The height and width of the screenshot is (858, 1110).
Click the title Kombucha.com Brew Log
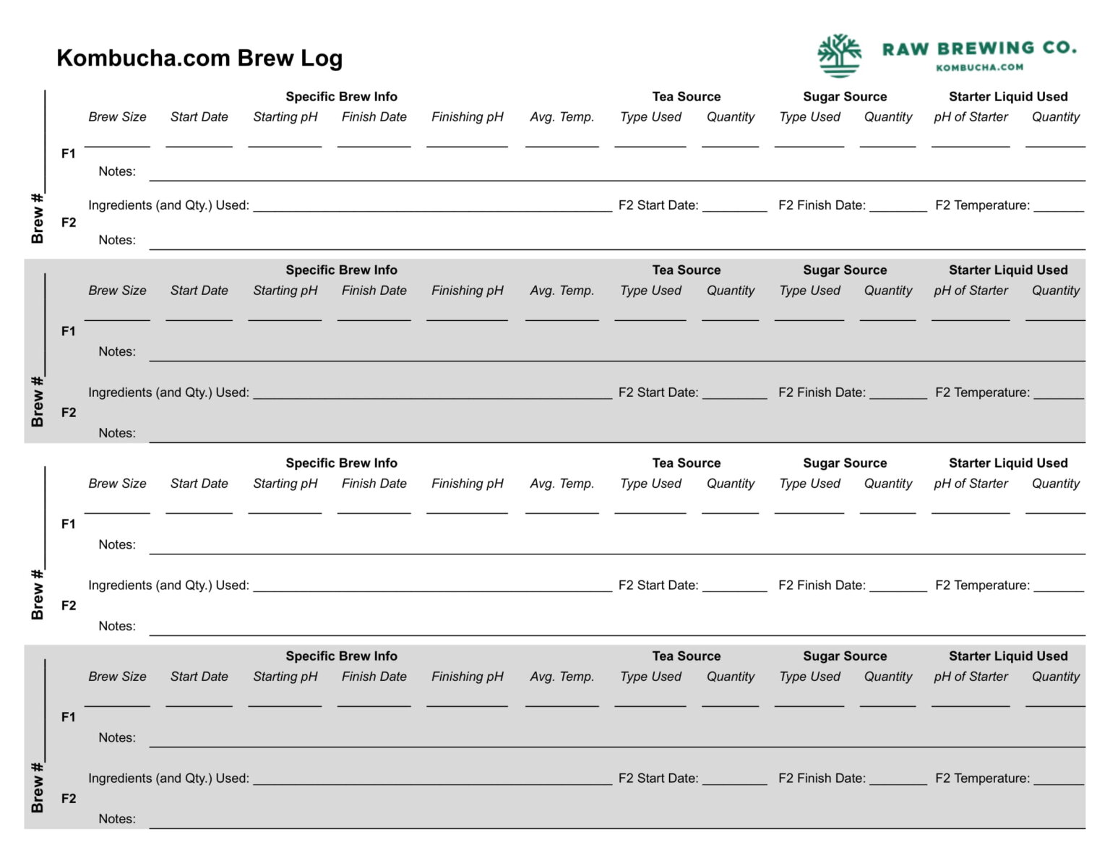coord(199,58)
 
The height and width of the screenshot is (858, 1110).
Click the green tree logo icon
coord(839,55)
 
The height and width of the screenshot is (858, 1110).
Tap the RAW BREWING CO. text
coord(979,48)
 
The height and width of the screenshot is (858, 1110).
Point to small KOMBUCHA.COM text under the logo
coord(979,67)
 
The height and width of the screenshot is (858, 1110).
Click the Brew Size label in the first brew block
coord(117,117)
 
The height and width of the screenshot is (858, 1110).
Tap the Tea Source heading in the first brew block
coord(686,97)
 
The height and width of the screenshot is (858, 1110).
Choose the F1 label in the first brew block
coord(69,153)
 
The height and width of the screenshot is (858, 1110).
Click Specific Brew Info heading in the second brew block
coord(341,270)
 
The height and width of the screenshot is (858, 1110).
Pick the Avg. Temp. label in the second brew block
coord(562,291)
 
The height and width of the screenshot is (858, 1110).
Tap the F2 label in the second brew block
coord(69,413)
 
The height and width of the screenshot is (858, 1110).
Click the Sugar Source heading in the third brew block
coord(845,463)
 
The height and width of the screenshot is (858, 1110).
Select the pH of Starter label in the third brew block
coord(971,484)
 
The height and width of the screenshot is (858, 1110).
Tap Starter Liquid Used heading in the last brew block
coord(1008,656)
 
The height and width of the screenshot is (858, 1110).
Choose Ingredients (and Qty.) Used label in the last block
coord(168,778)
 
